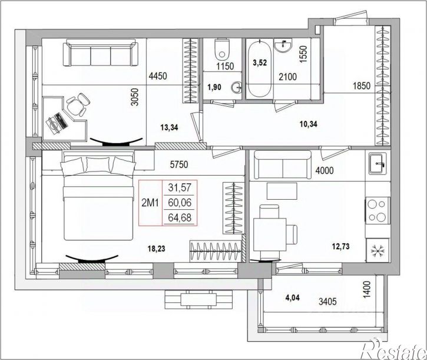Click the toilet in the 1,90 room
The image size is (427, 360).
click(x=222, y=49)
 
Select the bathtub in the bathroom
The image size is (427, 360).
click(x=259, y=68)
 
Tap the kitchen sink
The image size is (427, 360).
click(x=378, y=163)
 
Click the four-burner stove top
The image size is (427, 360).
click(x=378, y=210)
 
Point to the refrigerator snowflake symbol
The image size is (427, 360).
click(x=378, y=251)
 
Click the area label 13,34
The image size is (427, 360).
click(x=169, y=127)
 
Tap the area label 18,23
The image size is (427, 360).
click(x=156, y=249)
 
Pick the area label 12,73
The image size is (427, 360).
click(x=340, y=247)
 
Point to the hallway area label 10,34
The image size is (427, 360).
click(x=308, y=124)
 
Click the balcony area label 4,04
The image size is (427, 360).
click(x=292, y=298)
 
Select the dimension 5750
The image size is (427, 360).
click(x=179, y=164)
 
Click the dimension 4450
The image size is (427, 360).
click(x=158, y=76)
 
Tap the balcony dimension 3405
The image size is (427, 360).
click(x=327, y=302)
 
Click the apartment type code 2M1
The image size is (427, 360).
click(x=150, y=203)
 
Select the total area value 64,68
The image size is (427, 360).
click(x=180, y=218)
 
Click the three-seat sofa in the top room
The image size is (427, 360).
click(x=99, y=52)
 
